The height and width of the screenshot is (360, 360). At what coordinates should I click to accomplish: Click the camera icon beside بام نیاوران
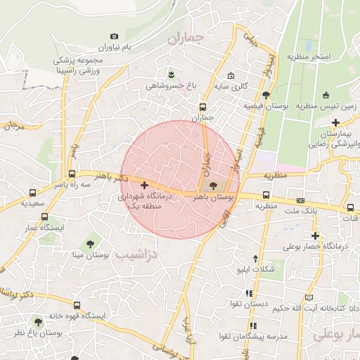[115, 36]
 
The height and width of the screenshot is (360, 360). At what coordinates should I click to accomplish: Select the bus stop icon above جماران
[203, 107]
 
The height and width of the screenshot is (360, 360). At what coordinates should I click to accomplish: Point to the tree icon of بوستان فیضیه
[265, 94]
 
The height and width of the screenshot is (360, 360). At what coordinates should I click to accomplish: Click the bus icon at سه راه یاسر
[72, 174]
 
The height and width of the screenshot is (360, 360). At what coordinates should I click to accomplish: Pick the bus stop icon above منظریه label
[266, 195]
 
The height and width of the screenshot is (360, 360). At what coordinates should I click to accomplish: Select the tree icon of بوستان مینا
[89, 243]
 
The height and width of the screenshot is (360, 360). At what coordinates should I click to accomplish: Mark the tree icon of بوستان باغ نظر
[38, 321]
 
